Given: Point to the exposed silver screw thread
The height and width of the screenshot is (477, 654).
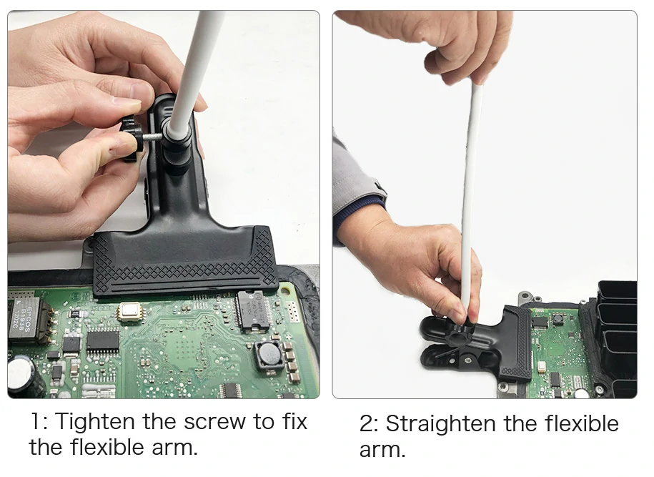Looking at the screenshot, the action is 154,137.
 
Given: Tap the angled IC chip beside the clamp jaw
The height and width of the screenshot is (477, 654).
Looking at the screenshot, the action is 253,311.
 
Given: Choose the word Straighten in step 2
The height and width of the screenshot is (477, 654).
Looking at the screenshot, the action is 442,424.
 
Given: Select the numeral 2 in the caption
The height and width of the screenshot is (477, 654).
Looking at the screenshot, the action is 367,423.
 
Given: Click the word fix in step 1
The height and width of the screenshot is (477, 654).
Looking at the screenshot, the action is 294,421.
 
